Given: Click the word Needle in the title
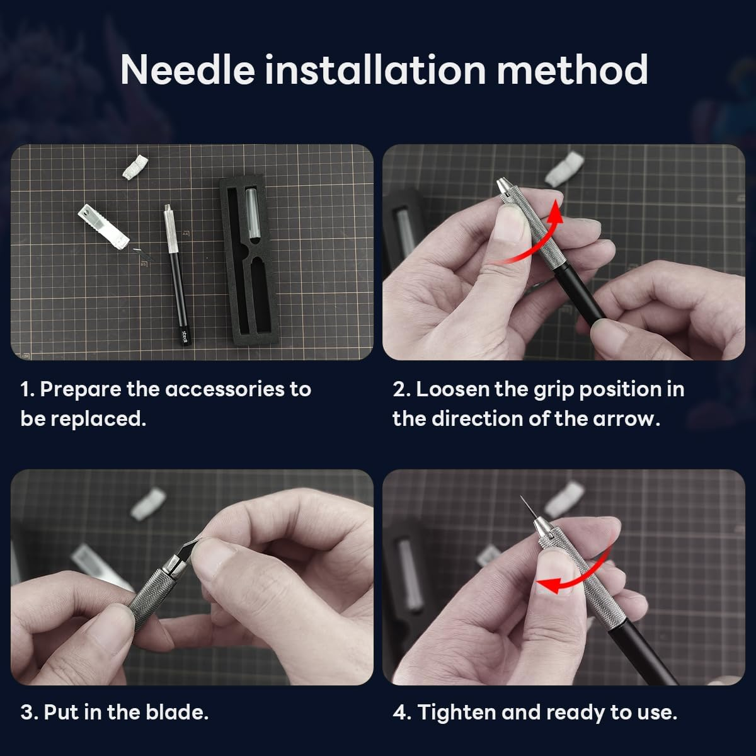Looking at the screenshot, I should pyautogui.click(x=186, y=69).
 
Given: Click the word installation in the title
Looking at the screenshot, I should pyautogui.click(x=375, y=69).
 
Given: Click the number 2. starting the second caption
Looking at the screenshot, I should pyautogui.click(x=401, y=389).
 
